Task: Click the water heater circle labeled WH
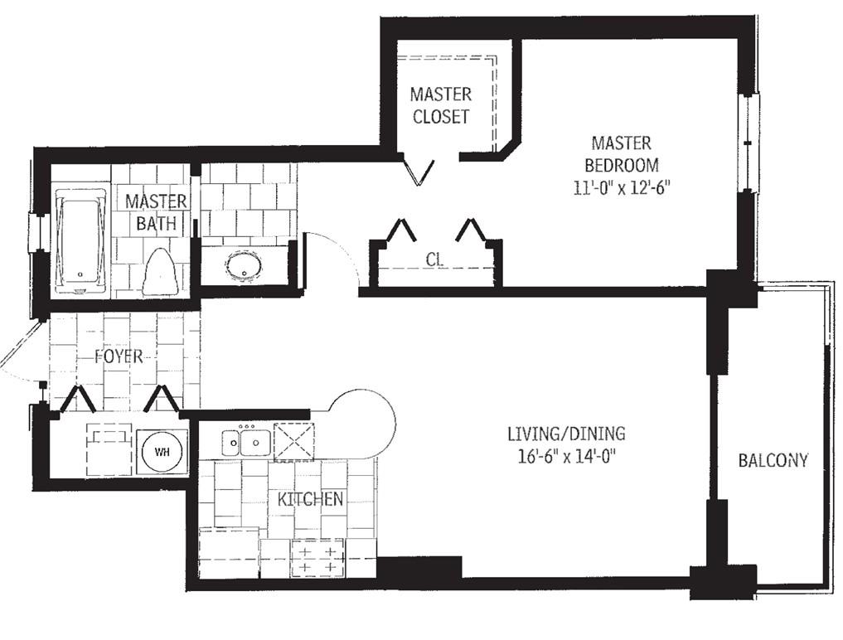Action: (162, 452)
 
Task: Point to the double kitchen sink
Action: (246, 443)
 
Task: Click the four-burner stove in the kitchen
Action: (317, 559)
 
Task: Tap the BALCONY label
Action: (773, 460)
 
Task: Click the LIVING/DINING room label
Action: (566, 433)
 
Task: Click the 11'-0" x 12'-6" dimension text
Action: (622, 188)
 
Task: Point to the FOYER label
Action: (119, 356)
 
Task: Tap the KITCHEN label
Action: (310, 499)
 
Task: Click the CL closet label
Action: (435, 260)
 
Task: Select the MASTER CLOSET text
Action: (441, 105)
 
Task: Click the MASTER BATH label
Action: (156, 212)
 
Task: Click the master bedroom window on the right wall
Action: (748, 143)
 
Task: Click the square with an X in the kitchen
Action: (293, 442)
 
